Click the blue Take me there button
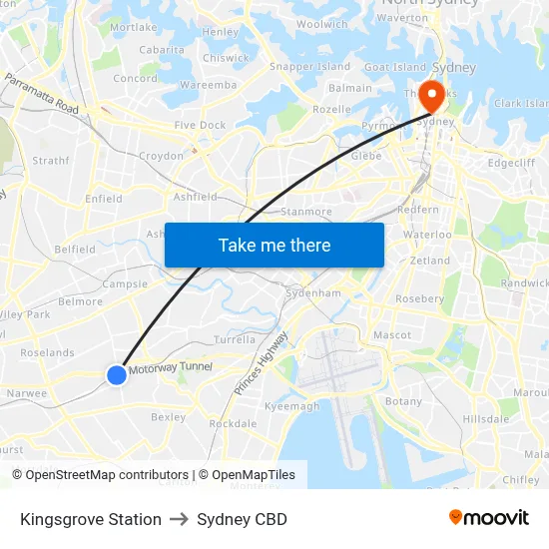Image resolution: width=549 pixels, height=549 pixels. coord(274,246)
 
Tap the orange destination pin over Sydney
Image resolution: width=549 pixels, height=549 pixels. coord(432,96)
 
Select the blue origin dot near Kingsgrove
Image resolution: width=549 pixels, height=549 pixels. coord(117,374)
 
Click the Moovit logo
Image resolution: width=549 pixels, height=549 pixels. coord(489,518)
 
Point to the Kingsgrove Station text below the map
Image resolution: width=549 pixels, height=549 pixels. coord(91,519)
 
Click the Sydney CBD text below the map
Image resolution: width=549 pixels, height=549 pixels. coord(242,519)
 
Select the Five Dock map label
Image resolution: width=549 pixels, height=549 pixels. coord(200,126)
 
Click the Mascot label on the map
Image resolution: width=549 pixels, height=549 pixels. coord(390,335)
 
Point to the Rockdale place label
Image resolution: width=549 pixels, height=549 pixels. coord(233,424)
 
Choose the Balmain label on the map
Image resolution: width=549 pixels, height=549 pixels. coord(350,88)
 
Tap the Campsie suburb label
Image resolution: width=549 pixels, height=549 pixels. coord(125,283)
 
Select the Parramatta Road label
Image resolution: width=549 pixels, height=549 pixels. coord(42,93)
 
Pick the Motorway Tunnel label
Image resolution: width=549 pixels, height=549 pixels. coord(171,368)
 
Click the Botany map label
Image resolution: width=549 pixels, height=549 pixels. coord(403,401)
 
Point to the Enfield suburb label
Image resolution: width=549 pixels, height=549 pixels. coord(104,199)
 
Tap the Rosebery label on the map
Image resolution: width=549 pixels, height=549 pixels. coord(419,298)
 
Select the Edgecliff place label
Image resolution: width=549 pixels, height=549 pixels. coord(511,163)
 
